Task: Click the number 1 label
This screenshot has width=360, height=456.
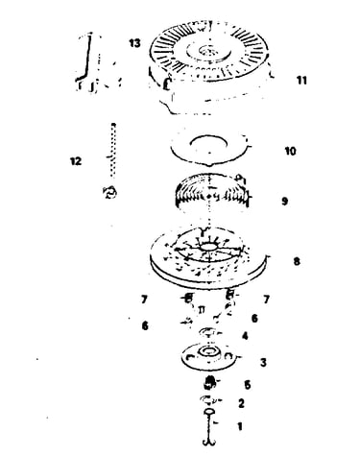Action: [x=240, y=426]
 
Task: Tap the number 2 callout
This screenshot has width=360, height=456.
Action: [x=241, y=403]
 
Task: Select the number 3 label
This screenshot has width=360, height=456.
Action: [x=263, y=363]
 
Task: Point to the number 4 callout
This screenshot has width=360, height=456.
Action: [x=245, y=336]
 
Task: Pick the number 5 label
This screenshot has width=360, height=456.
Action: [x=248, y=385]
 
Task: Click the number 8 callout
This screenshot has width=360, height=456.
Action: [x=297, y=261]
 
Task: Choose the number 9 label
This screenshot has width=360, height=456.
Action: [x=284, y=202]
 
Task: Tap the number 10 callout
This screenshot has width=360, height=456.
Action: [x=290, y=151]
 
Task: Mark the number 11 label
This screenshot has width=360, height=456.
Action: [x=301, y=81]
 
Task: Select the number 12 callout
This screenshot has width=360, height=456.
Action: [x=76, y=161]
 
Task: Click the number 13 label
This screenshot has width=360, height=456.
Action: [x=134, y=43]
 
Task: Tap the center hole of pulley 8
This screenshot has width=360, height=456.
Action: [x=208, y=247]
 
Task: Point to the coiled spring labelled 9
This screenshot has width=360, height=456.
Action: [x=212, y=192]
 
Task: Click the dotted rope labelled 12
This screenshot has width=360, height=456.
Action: [x=112, y=151]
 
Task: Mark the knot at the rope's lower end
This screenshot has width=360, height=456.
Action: [x=109, y=193]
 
